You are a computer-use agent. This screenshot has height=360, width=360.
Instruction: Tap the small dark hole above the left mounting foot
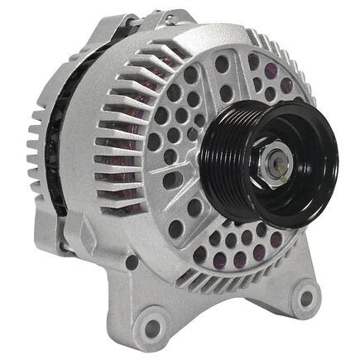(132, 262)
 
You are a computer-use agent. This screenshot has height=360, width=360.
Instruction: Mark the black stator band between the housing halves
(56, 124)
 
